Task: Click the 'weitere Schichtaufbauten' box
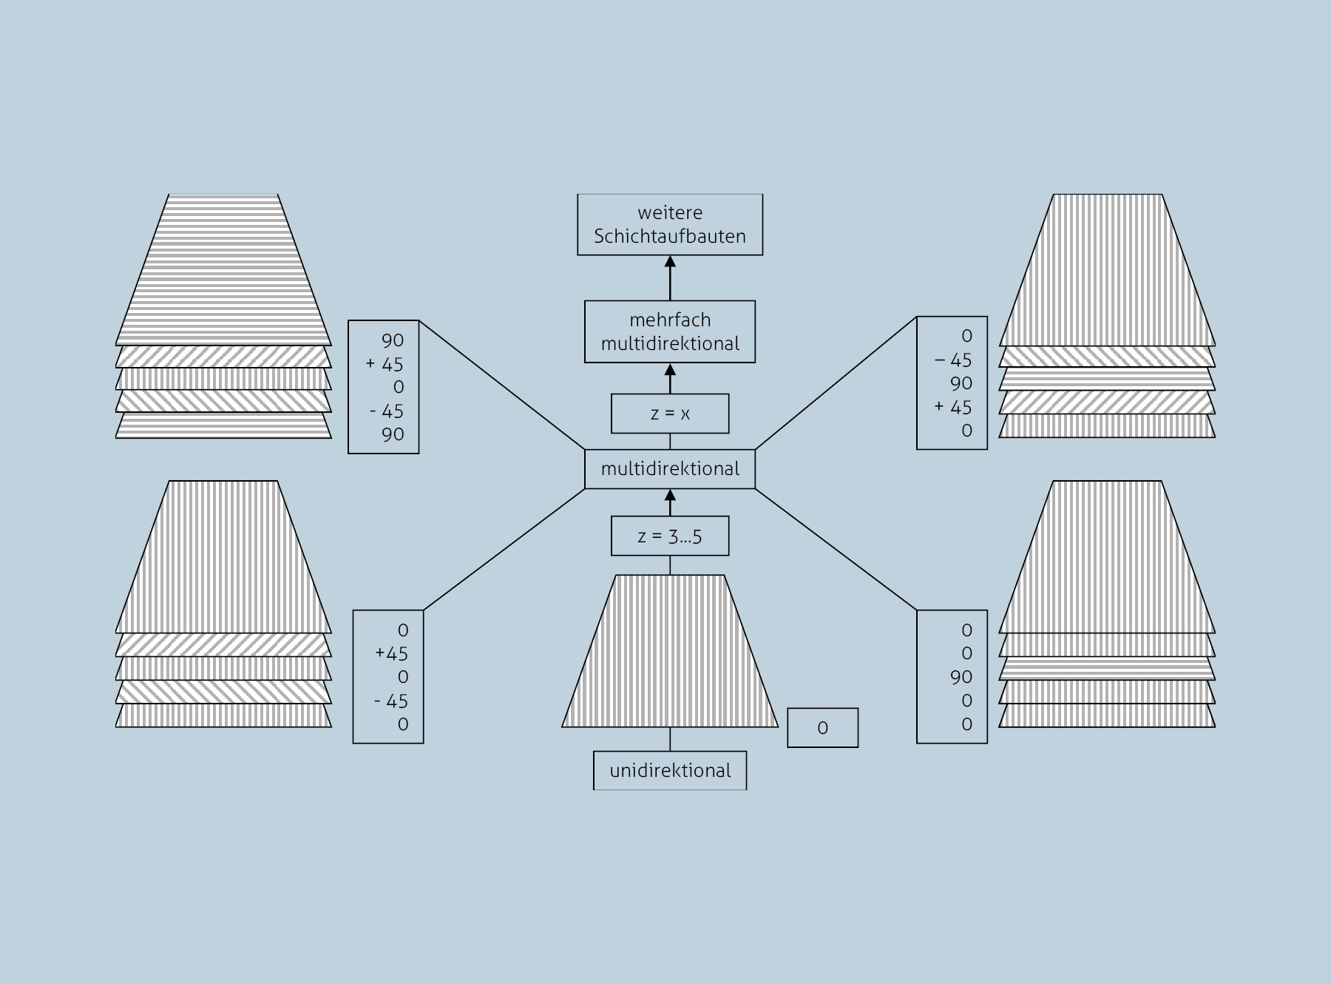[x=670, y=225]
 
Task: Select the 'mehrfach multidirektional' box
[x=670, y=331]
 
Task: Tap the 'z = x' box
[x=670, y=414]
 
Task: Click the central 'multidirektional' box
[x=670, y=469]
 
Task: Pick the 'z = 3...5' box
[x=670, y=536]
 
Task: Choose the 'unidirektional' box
[x=670, y=771]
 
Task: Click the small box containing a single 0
[x=822, y=728]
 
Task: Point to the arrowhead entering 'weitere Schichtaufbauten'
[x=670, y=261]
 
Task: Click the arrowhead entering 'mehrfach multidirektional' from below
[x=670, y=369]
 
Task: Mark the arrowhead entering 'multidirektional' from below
[x=670, y=495]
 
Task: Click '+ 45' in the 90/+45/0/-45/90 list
[x=385, y=364]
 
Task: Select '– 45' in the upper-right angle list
[x=953, y=360]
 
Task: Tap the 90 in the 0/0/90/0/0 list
[x=961, y=677]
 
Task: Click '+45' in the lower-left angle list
[x=391, y=654]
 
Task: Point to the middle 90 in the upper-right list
[x=961, y=384]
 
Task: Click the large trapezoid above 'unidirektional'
[x=670, y=651]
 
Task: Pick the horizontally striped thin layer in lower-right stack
[x=1107, y=668]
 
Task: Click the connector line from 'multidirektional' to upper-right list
[x=836, y=383]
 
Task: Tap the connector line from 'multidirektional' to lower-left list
[x=504, y=549]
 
